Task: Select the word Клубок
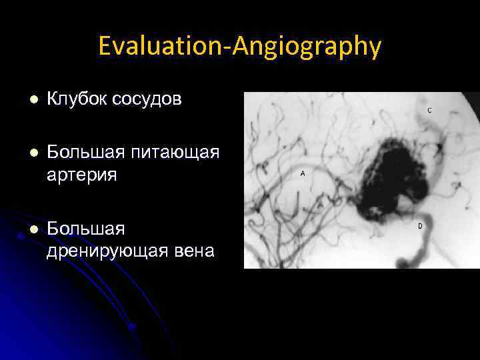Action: click(77, 99)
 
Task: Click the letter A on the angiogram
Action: click(303, 173)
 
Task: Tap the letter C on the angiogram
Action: click(429, 110)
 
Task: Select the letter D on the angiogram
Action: click(420, 226)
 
